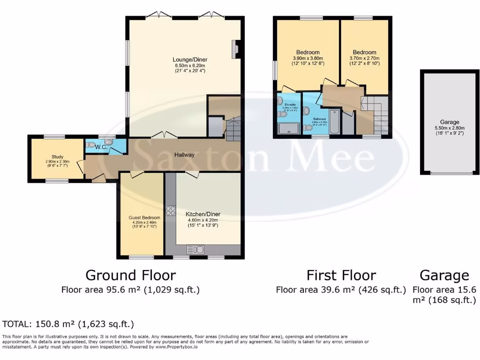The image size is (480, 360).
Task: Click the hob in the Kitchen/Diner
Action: pyautogui.click(x=170, y=210)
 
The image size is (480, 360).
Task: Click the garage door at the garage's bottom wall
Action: pyautogui.click(x=451, y=173)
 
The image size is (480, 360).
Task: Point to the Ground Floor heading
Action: pyautogui.click(x=130, y=275)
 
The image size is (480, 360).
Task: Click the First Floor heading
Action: pyautogui.click(x=341, y=275)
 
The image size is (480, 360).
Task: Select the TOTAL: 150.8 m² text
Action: pyautogui.click(x=68, y=324)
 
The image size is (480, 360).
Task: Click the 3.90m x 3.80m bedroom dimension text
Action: pyautogui.click(x=308, y=58)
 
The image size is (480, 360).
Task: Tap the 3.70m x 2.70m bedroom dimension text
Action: pyautogui.click(x=364, y=58)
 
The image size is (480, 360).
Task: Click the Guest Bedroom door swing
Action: pyautogui.click(x=137, y=175)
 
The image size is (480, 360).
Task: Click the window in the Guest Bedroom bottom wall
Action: pyautogui.click(x=141, y=257)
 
